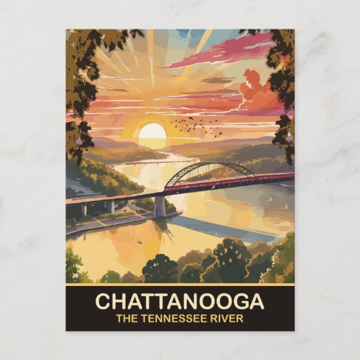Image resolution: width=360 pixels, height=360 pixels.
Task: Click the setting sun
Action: pos(153,134)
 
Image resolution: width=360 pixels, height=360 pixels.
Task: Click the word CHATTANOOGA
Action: pos(180,301)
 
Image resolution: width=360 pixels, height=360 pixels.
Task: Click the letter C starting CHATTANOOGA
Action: pos(103,301)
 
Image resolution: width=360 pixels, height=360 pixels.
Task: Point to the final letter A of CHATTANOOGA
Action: pos(257,301)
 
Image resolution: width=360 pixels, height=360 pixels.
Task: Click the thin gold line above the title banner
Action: pos(180,285)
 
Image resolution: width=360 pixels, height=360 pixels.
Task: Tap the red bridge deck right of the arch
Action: pos(265,179)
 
